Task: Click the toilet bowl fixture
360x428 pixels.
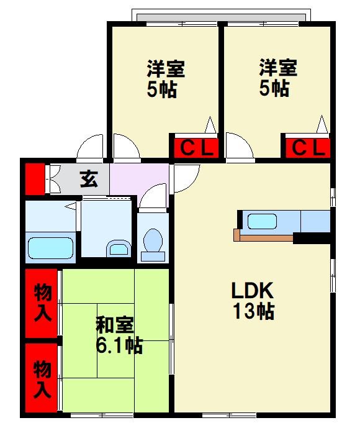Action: click(x=153, y=245)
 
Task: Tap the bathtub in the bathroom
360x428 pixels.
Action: click(x=51, y=248)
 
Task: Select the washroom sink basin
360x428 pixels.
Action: click(x=118, y=248)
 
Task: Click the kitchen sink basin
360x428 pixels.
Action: click(x=262, y=221)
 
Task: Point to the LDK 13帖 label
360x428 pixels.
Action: click(x=253, y=301)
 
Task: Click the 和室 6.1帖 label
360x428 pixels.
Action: click(x=119, y=335)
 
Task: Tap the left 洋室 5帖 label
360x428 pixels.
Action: click(x=166, y=79)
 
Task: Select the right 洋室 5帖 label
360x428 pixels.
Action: click(x=278, y=78)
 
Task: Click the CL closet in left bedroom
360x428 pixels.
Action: click(x=196, y=148)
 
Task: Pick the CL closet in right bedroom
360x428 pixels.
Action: click(x=308, y=148)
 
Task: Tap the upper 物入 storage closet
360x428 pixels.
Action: click(x=42, y=303)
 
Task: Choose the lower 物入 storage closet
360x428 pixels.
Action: click(x=42, y=379)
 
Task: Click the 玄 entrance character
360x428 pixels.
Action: click(x=89, y=179)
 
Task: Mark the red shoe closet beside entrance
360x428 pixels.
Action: click(x=35, y=179)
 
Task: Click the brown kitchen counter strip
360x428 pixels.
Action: click(x=263, y=238)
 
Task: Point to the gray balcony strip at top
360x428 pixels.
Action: click(x=221, y=17)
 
